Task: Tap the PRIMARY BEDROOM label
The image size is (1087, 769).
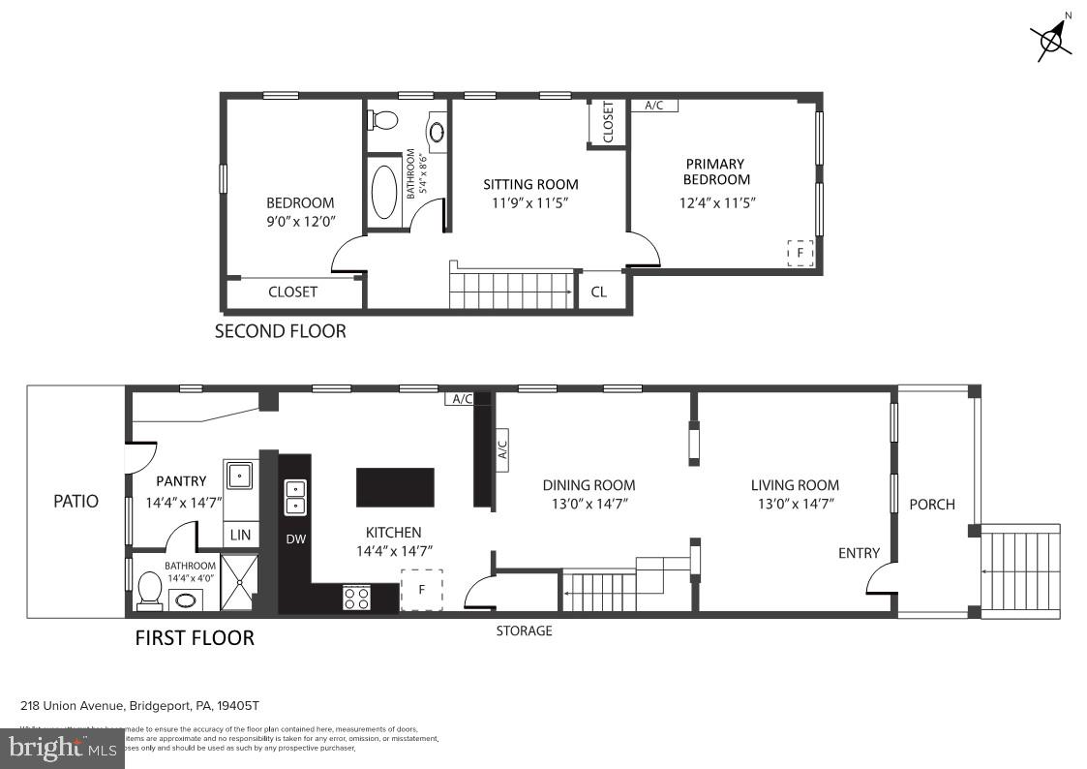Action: pos(716,171)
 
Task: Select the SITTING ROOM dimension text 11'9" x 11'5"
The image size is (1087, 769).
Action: pos(530,203)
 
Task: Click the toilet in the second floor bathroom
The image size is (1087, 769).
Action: pos(384,121)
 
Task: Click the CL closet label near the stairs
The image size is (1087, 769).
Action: pos(599,292)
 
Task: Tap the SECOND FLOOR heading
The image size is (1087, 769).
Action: pos(280,331)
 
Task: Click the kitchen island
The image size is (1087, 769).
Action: pos(395,487)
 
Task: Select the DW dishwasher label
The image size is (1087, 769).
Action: pos(295,539)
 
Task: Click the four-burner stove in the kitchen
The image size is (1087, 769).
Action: pos(356,599)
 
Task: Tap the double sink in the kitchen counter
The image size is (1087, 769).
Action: pos(295,498)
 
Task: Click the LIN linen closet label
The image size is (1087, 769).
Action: pos(240,535)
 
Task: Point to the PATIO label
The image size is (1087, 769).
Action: pos(75,502)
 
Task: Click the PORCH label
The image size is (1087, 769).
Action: pos(931,505)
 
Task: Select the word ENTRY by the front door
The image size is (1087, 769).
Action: pos(859,553)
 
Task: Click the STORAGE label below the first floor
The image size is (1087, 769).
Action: pos(524,631)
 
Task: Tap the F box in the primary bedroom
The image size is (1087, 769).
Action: pos(800,253)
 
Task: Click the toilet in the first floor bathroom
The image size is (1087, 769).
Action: pos(150,590)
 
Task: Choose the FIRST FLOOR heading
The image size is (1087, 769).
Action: pos(195,638)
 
